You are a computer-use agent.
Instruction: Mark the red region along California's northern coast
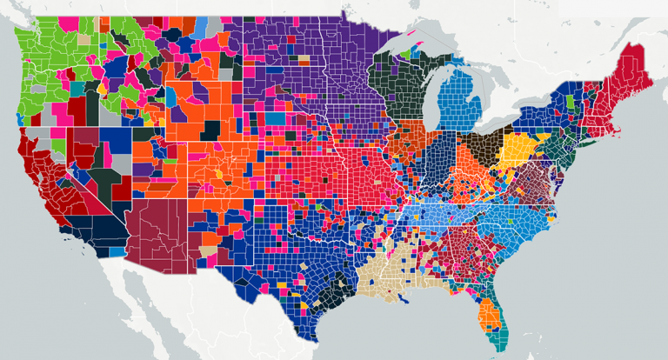point(26,157)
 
